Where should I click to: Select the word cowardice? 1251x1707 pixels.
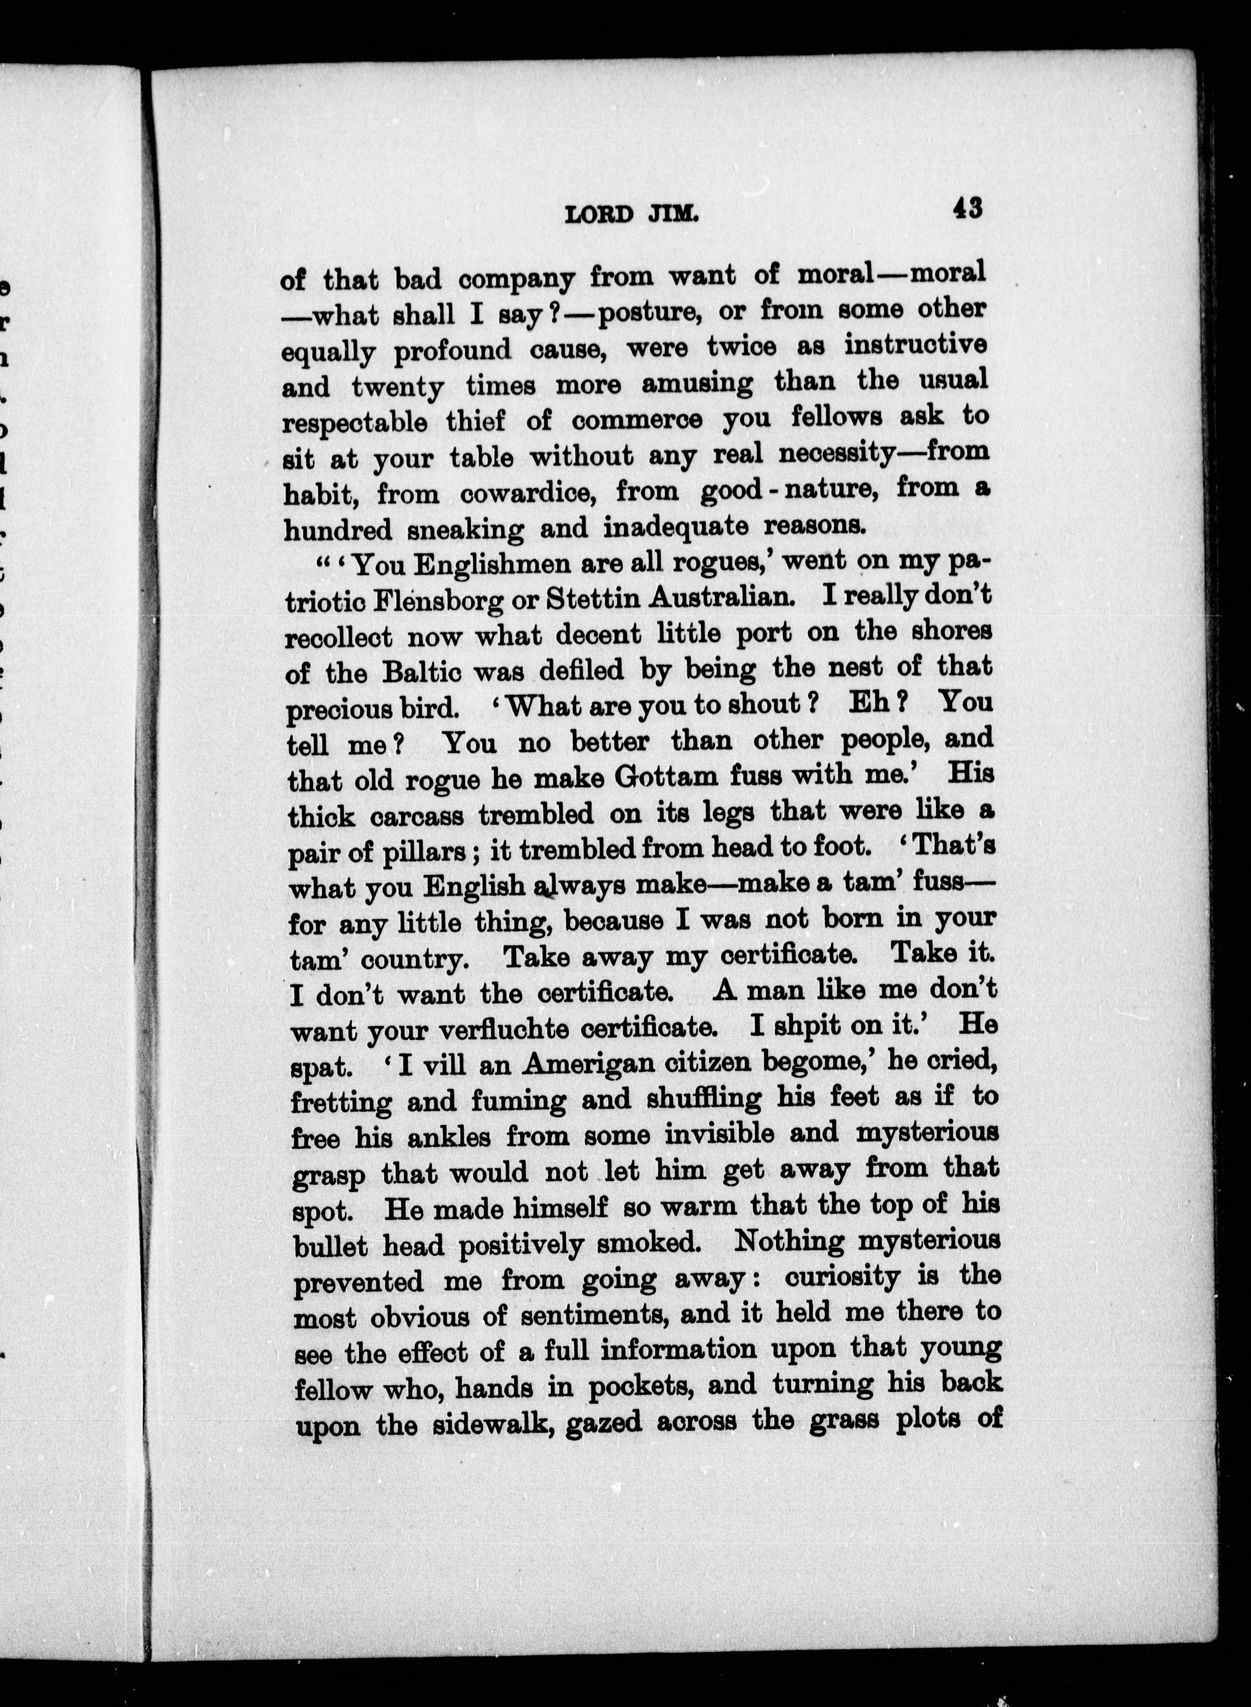click(x=526, y=494)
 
